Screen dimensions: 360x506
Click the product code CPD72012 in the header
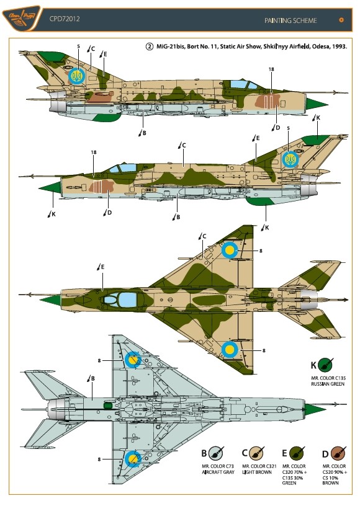(65, 19)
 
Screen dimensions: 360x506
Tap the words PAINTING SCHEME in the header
(290, 20)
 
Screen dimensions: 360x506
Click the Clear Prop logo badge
(22, 19)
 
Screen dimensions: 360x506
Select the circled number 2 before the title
(149, 47)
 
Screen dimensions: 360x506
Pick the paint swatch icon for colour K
(325, 365)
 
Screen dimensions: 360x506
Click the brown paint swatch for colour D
(338, 453)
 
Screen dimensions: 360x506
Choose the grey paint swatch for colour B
(215, 453)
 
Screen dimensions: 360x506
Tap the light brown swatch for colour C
(257, 453)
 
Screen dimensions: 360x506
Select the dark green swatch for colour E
(297, 453)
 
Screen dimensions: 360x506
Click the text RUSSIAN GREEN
(328, 384)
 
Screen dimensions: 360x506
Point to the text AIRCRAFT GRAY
(218, 472)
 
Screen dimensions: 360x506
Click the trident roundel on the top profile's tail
(77, 76)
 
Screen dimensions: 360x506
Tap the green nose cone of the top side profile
(317, 104)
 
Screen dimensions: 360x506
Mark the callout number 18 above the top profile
(271, 69)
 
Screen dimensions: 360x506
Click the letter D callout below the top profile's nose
(277, 128)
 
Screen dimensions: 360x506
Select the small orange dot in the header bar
(341, 20)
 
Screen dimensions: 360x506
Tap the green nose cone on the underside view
(315, 409)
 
